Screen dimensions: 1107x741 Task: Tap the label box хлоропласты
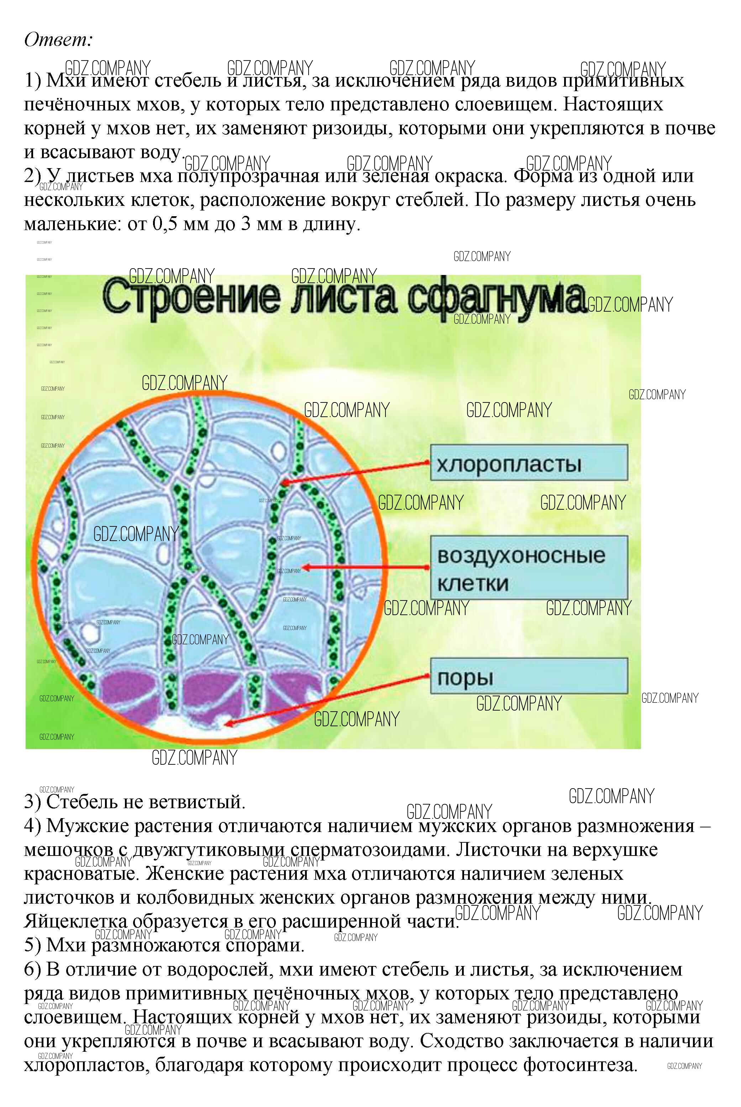click(x=528, y=463)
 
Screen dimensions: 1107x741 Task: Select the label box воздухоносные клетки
click(x=528, y=568)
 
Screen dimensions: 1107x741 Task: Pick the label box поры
click(x=528, y=677)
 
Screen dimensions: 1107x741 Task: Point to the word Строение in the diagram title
click(x=189, y=298)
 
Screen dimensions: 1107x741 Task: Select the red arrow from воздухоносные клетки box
click(x=366, y=567)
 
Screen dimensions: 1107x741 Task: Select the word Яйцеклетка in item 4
click(x=75, y=921)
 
